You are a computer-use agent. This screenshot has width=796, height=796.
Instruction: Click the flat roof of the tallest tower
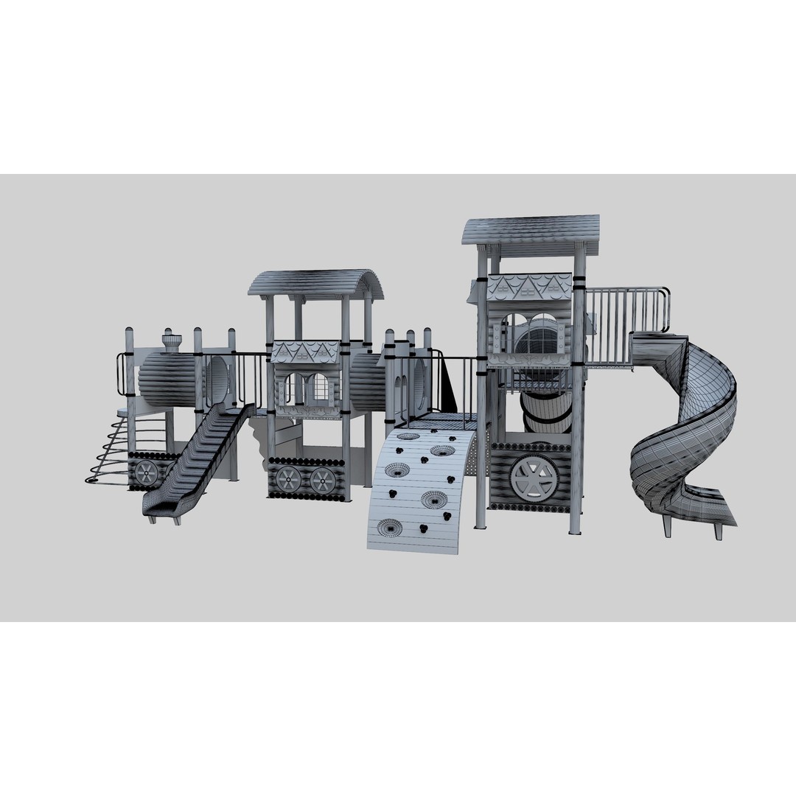coord(531,230)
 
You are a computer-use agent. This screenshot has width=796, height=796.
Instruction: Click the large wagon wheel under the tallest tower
coord(534,475)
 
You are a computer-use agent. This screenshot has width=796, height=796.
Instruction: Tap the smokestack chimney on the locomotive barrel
coord(172,343)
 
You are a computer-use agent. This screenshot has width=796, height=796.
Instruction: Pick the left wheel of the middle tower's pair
coord(290,480)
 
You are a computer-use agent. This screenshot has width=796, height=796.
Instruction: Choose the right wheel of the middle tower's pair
coord(322,480)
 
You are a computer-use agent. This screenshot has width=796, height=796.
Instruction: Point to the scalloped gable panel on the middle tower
coord(305,352)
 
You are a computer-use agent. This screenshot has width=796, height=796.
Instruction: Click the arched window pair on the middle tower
coord(307,388)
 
